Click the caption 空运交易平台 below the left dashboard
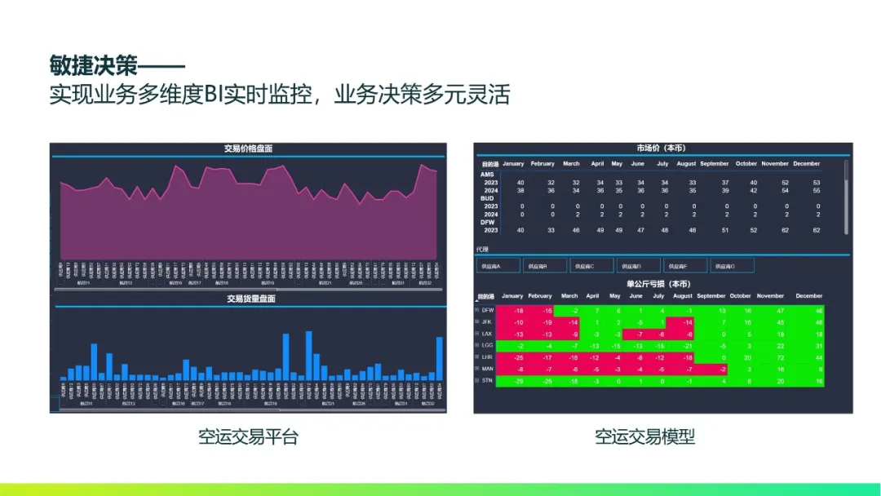pos(248,436)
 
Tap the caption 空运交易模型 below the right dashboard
pos(644,436)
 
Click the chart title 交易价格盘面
pos(248,148)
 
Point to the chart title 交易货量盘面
pos(250,299)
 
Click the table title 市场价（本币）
pos(661,148)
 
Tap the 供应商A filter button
pos(498,265)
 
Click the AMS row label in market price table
pos(487,175)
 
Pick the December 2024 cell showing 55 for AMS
pos(817,190)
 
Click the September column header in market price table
pos(714,164)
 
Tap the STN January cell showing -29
pos(518,381)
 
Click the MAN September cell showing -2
pos(722,369)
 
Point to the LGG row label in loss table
pos(488,345)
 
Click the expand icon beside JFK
pos(477,322)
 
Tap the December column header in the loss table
pos(808,296)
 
